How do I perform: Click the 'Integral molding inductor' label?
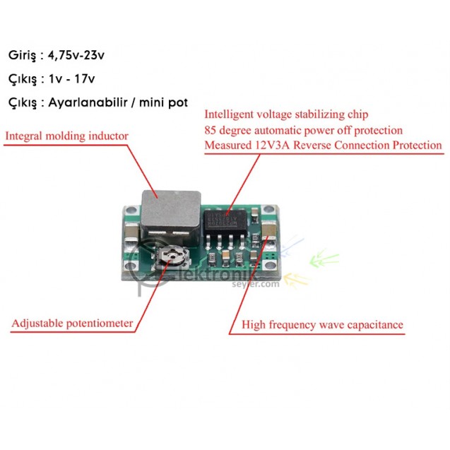[x=67, y=136]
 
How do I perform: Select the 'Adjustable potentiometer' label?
[x=72, y=324]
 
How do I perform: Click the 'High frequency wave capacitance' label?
[x=323, y=325]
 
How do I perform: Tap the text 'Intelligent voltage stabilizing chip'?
[x=286, y=114]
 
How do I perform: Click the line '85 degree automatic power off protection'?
[x=303, y=130]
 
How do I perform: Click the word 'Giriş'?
[x=22, y=54]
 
